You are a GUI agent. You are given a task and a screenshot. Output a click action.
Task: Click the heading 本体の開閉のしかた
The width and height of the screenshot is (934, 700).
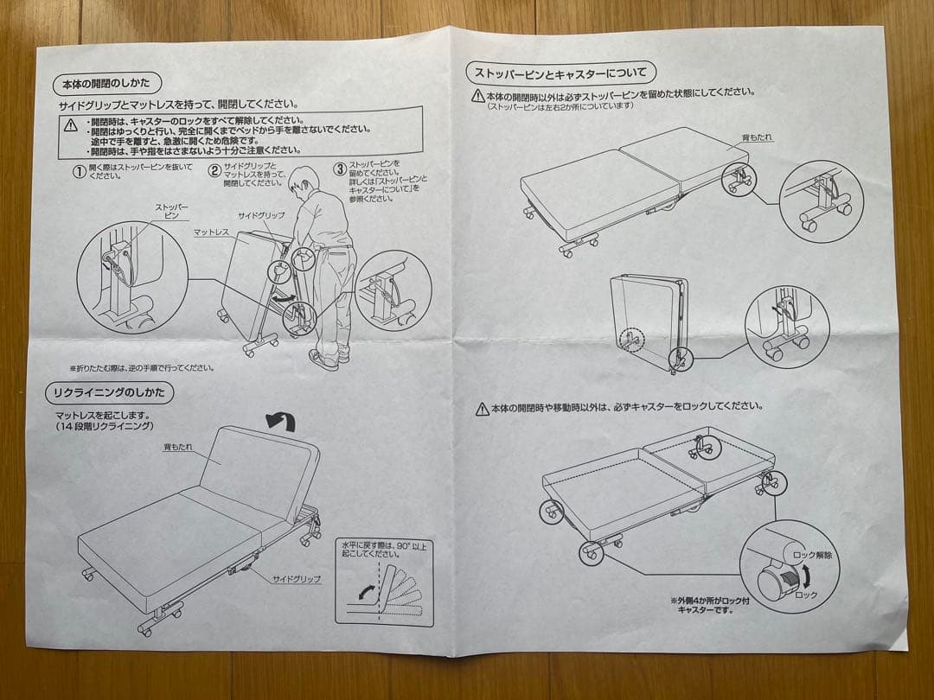coord(106,84)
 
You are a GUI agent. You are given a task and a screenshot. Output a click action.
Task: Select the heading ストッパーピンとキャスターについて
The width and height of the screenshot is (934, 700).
coord(560,72)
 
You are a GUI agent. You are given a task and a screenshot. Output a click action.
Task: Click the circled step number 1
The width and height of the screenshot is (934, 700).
coord(79,171)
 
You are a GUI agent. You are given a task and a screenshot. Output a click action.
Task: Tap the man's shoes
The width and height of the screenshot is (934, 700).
coord(325,358)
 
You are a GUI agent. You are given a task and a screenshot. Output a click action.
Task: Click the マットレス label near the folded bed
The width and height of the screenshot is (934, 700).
coord(211,232)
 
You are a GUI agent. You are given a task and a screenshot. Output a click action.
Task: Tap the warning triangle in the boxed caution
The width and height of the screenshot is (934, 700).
coord(71,125)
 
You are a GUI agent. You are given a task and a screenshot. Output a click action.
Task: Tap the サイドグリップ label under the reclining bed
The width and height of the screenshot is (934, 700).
coord(297,579)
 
